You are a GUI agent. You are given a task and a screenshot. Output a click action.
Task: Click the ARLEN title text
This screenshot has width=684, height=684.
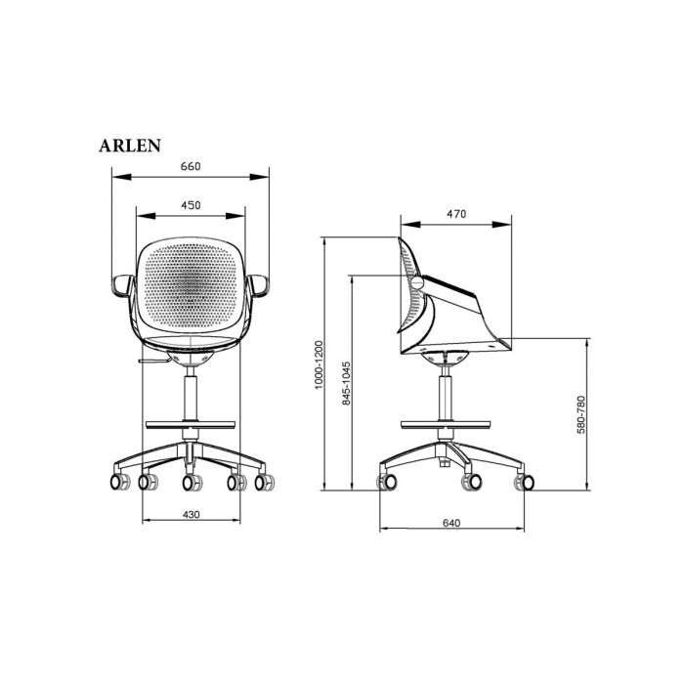[130, 146]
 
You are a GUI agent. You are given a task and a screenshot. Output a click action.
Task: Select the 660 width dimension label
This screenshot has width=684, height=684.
[191, 166]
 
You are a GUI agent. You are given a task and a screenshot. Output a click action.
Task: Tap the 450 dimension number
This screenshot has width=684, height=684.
[191, 205]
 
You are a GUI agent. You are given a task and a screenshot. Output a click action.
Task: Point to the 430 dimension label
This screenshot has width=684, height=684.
[192, 514]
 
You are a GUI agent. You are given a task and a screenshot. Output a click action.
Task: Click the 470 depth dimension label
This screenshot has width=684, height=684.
[456, 214]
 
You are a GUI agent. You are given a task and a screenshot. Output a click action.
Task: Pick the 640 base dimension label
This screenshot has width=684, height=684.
[451, 523]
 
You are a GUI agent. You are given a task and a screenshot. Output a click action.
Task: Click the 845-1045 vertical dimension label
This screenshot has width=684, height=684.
[346, 383]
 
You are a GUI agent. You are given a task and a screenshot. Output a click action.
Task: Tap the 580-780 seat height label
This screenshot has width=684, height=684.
[580, 414]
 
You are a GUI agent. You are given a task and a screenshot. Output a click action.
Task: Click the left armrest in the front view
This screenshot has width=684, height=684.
[122, 285]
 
